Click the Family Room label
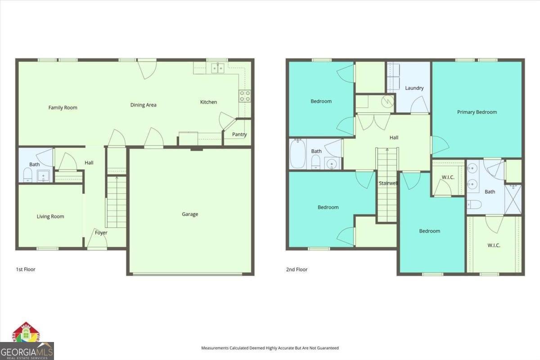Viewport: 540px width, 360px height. pyautogui.click(x=63, y=108)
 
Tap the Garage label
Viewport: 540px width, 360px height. pyautogui.click(x=190, y=214)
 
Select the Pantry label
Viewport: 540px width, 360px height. pyautogui.click(x=239, y=135)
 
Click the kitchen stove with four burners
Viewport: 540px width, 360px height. pyautogui.click(x=245, y=96)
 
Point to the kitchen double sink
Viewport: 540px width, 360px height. pyautogui.click(x=218, y=68)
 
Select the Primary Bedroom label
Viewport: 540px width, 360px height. pyautogui.click(x=477, y=112)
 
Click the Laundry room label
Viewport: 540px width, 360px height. pyautogui.click(x=414, y=88)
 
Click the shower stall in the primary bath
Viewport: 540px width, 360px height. pyautogui.click(x=513, y=199)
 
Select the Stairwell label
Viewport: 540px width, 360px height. pyautogui.click(x=387, y=183)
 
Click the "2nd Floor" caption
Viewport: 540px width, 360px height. pyautogui.click(x=297, y=270)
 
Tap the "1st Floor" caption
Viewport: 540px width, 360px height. pyautogui.click(x=25, y=270)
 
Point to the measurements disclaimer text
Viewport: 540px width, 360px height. pyautogui.click(x=270, y=348)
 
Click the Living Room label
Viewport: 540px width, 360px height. pyautogui.click(x=50, y=216)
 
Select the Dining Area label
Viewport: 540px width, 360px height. pyautogui.click(x=144, y=105)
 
